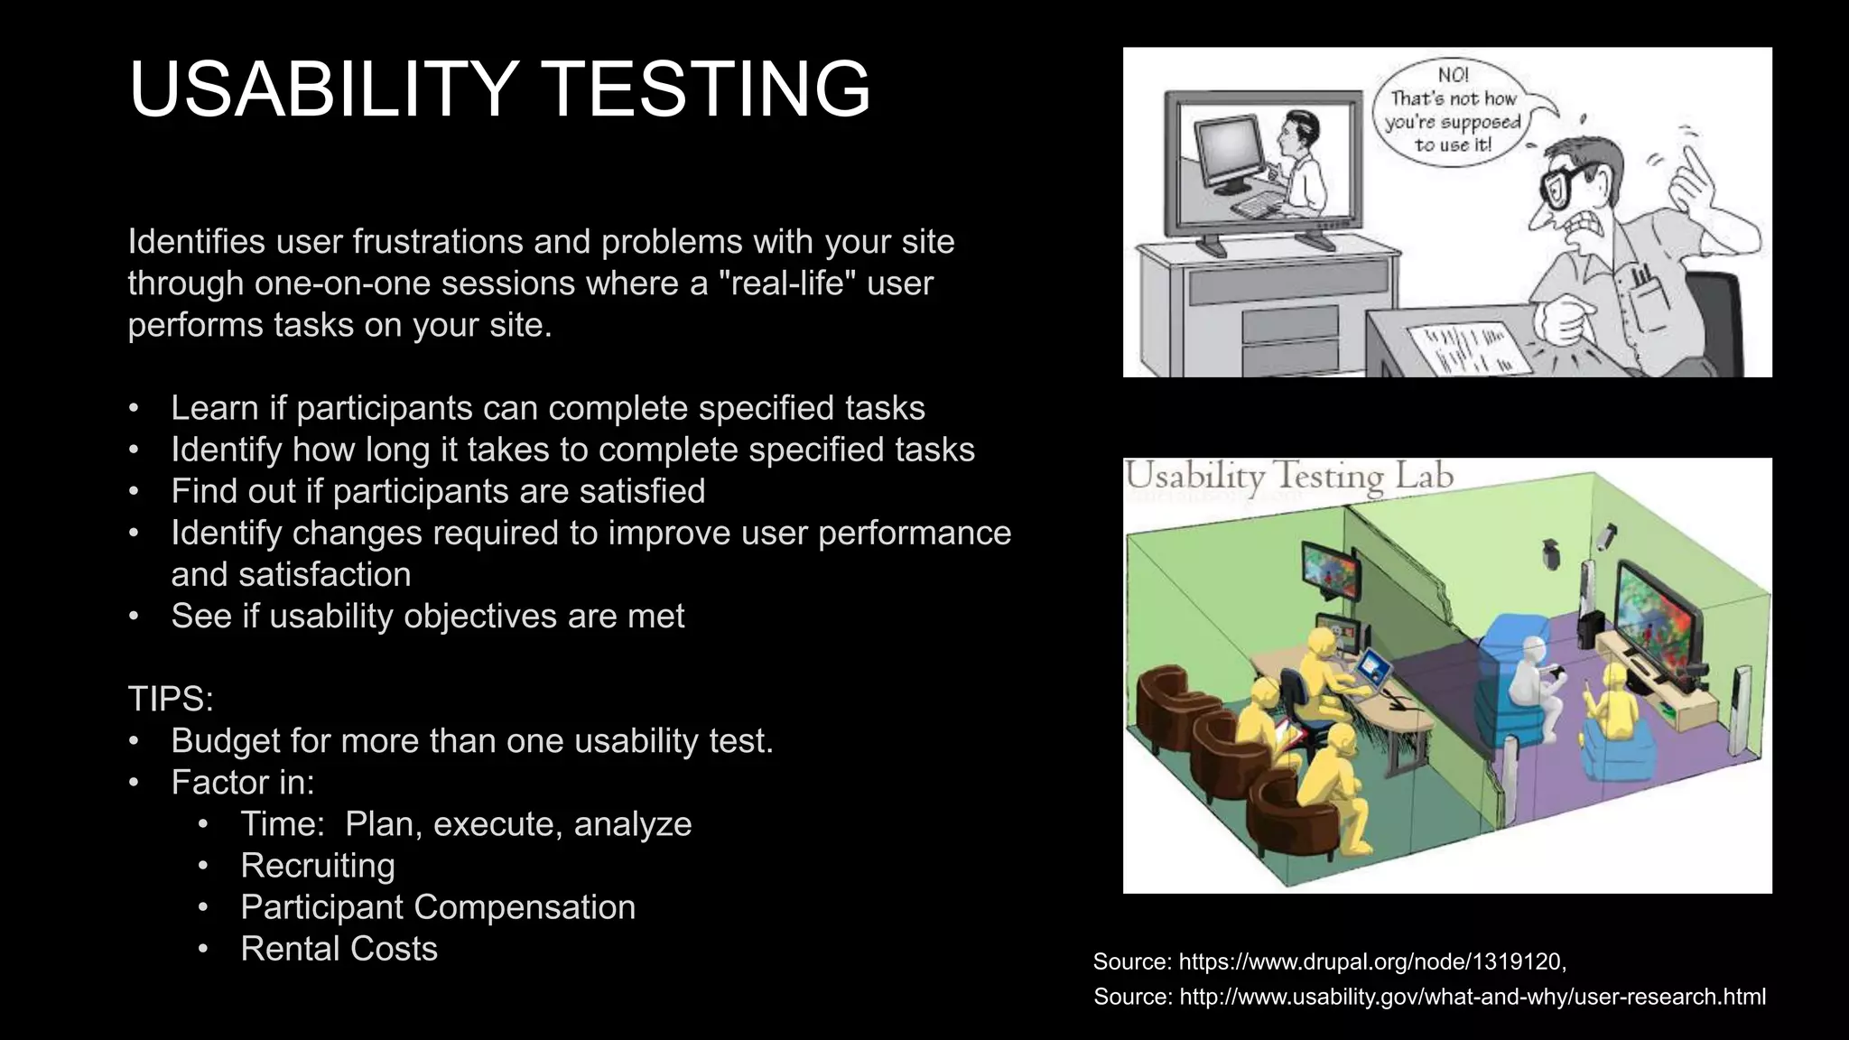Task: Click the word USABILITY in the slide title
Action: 323,88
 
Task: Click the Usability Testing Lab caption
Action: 1289,477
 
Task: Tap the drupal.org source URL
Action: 1371,962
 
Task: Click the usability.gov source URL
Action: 1472,998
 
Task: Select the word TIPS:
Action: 171,699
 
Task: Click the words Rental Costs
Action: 339,949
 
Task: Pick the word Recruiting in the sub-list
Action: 318,866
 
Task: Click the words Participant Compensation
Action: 438,907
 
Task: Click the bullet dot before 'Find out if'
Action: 134,492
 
